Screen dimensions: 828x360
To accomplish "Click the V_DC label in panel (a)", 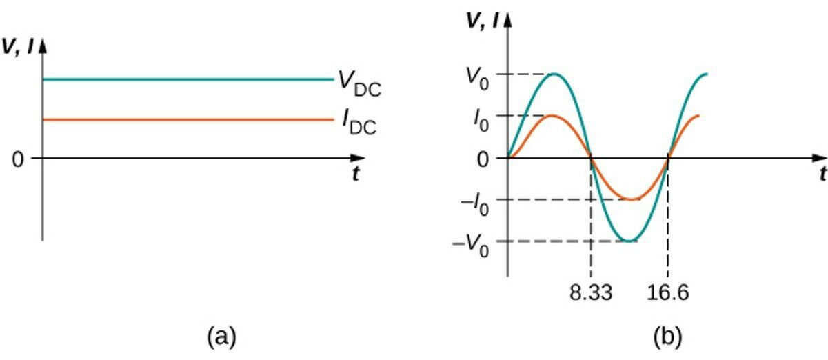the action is (x=359, y=83).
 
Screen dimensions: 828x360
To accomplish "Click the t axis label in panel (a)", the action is (x=356, y=175).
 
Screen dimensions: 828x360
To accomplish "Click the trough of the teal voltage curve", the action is (x=629, y=241).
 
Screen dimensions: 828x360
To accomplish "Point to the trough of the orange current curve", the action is (x=629, y=200).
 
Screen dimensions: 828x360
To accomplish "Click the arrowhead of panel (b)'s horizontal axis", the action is (x=818, y=158).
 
